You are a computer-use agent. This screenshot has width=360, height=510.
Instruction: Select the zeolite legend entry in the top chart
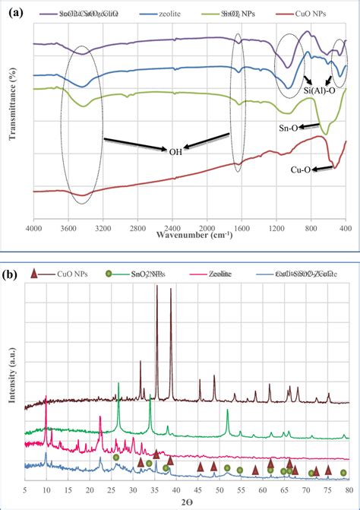click(x=166, y=14)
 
